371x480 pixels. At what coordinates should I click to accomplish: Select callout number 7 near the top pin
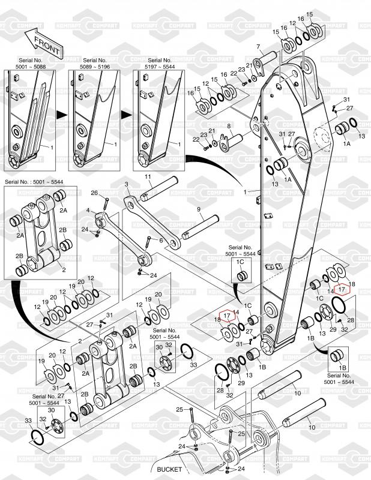click(258, 47)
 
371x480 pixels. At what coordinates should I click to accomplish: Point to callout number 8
click(229, 126)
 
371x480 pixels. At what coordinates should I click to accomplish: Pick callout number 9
click(198, 209)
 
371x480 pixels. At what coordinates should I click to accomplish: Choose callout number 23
click(241, 70)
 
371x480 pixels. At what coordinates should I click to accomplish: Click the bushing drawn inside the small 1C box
click(243, 275)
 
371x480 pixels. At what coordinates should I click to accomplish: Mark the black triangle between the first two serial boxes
click(61, 113)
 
